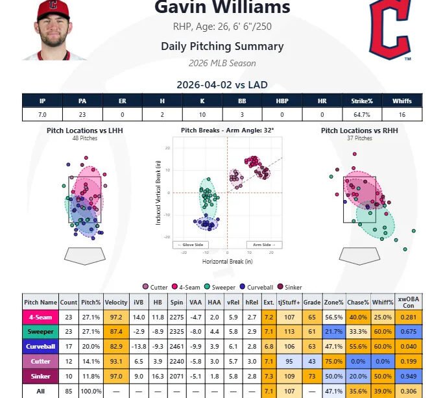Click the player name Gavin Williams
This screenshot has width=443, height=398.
point(222,8)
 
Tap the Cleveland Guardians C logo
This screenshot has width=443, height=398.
point(390,30)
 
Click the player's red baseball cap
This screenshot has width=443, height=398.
point(53,8)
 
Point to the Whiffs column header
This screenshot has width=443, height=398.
point(402,101)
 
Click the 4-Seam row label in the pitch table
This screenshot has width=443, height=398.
point(40,318)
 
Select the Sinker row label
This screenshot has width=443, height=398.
point(40,377)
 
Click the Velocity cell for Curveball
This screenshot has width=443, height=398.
point(116,348)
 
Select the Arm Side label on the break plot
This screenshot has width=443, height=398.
point(264,245)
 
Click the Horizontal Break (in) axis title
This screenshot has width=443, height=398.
point(226,262)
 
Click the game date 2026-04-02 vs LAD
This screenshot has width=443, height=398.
point(222,85)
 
